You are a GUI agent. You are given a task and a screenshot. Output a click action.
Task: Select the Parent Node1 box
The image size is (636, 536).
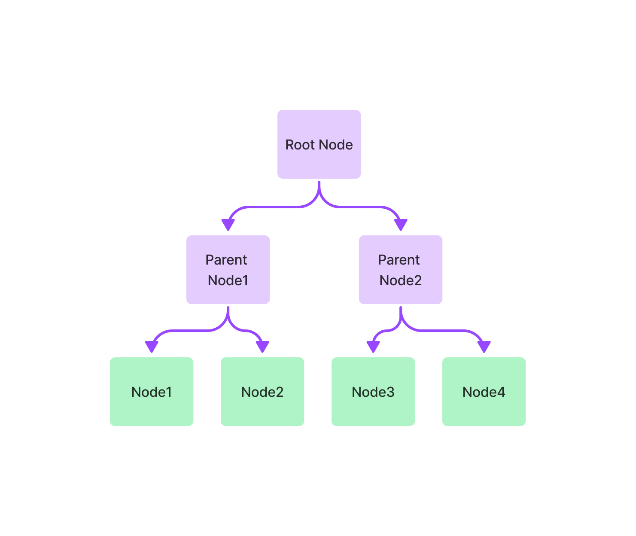coord(228,270)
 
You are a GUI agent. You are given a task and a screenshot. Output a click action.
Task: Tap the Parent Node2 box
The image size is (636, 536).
coord(400,270)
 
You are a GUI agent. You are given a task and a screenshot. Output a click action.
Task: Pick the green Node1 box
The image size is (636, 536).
coord(151,392)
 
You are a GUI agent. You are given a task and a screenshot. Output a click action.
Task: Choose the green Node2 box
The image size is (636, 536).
coord(262,392)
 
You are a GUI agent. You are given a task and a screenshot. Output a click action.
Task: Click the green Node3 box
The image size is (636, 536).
coord(373,392)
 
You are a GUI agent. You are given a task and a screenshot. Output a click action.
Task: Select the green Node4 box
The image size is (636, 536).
coord(484,392)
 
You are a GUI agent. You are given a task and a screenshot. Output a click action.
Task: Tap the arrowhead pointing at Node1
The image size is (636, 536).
coord(152,347)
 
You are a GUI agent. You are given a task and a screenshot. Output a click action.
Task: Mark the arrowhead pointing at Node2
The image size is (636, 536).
coord(262,347)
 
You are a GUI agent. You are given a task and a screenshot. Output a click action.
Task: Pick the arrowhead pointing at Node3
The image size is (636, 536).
coord(373,347)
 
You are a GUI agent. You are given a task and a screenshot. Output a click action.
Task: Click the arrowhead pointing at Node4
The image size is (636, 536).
coord(484,347)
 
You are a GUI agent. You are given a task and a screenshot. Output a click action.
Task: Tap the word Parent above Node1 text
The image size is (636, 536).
coord(226,260)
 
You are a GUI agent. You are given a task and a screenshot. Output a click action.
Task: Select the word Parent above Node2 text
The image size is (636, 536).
coord(399,260)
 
